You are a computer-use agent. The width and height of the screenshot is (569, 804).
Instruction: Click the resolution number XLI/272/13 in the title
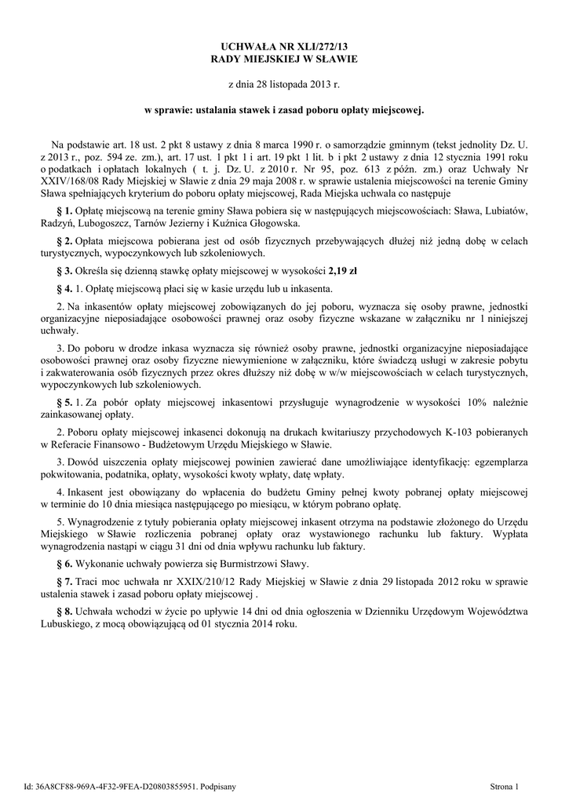tap(313, 47)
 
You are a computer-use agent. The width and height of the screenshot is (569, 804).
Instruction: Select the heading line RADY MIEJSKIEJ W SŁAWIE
tap(285, 59)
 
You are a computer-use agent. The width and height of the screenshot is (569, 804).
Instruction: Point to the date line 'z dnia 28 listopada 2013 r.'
tap(284, 83)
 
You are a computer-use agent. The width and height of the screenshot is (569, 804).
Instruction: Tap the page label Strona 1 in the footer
tap(505, 786)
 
